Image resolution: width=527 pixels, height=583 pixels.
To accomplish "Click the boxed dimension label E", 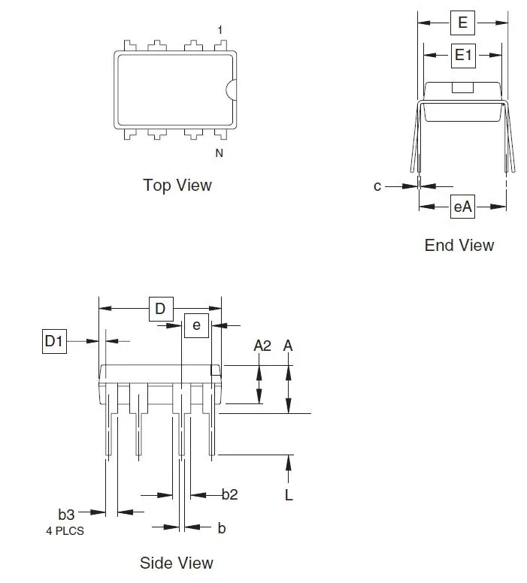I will click(x=462, y=23).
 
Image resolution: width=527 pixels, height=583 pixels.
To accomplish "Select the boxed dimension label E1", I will click(x=462, y=54).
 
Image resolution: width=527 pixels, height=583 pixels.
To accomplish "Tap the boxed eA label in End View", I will click(x=462, y=207).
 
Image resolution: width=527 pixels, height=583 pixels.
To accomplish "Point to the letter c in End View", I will click(x=377, y=186).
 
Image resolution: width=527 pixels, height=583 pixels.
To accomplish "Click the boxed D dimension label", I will click(x=159, y=308).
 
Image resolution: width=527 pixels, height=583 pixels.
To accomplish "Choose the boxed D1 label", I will click(x=53, y=342).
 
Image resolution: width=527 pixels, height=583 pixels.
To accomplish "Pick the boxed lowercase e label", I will click(x=196, y=325).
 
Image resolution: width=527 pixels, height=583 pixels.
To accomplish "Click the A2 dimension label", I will click(x=262, y=346).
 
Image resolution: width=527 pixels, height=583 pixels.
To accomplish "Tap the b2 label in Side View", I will click(x=230, y=494).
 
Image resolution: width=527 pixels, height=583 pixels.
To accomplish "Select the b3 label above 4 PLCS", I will click(x=67, y=515).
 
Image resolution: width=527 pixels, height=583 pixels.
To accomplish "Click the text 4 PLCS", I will click(x=64, y=530).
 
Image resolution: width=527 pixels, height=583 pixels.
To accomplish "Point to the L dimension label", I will click(x=289, y=494).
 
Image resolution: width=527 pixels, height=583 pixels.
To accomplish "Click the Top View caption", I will click(x=177, y=185).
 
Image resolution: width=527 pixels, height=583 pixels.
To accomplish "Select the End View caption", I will click(x=459, y=245).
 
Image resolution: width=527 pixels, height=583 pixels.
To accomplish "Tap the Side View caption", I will click(x=177, y=562).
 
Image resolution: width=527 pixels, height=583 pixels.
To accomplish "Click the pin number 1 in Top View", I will click(x=220, y=30).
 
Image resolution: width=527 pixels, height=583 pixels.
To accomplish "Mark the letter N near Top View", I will click(x=220, y=153).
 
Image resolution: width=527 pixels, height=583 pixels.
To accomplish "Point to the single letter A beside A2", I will click(x=288, y=346).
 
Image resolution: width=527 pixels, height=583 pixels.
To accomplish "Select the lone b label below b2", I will click(x=222, y=528).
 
